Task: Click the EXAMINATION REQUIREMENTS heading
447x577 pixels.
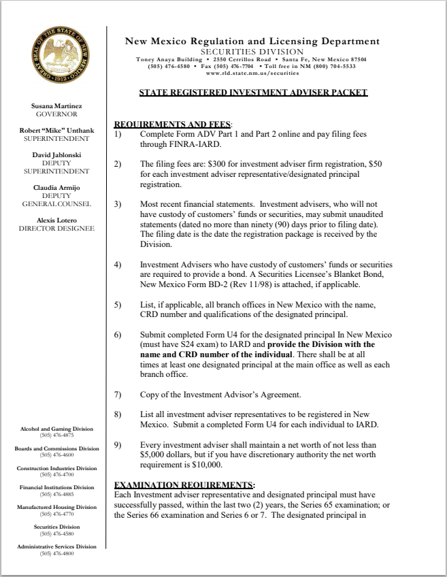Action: (x=183, y=484)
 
